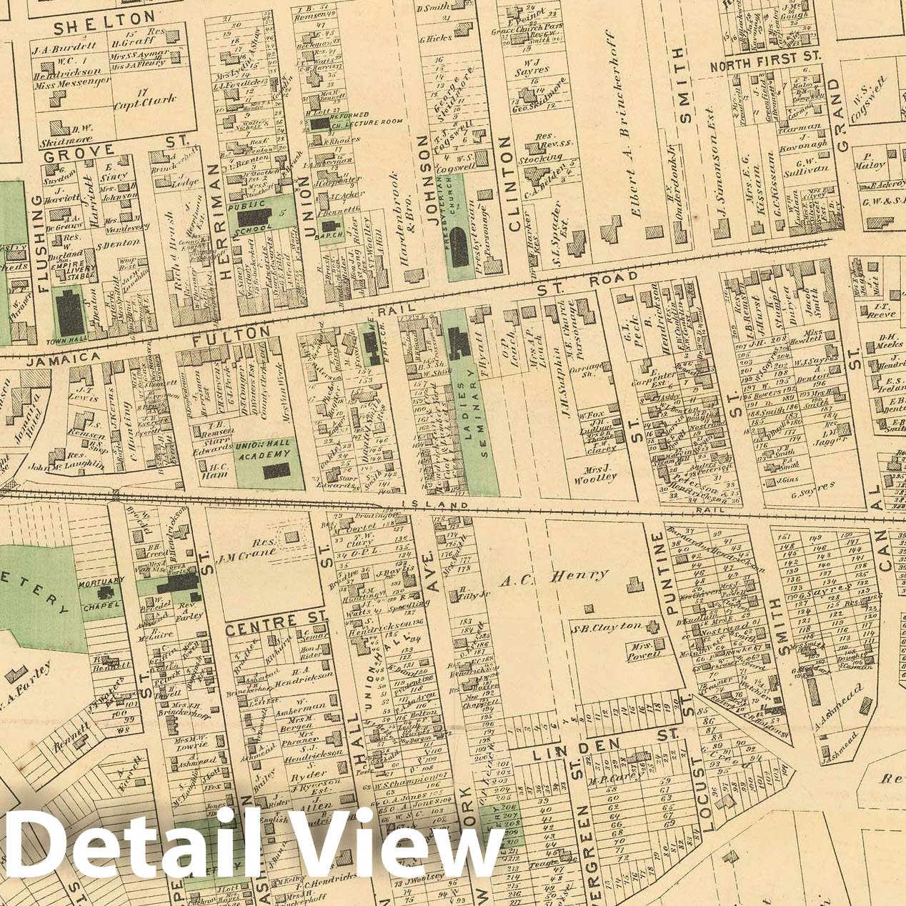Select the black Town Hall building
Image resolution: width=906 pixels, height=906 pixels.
(70, 313)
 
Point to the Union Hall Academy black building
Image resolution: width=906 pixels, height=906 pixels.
(276, 470)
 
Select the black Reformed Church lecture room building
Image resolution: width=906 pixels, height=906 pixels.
(319, 124)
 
